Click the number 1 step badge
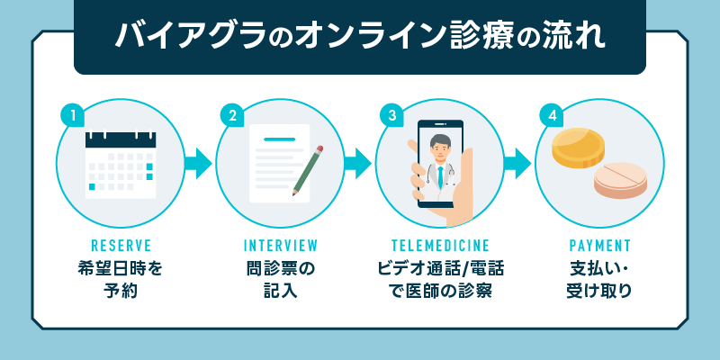click(x=71, y=115)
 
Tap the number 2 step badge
click(x=231, y=115)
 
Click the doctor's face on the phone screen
click(x=441, y=146)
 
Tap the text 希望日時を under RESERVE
click(x=121, y=267)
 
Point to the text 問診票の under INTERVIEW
click(x=281, y=267)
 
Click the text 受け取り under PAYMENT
click(x=600, y=291)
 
